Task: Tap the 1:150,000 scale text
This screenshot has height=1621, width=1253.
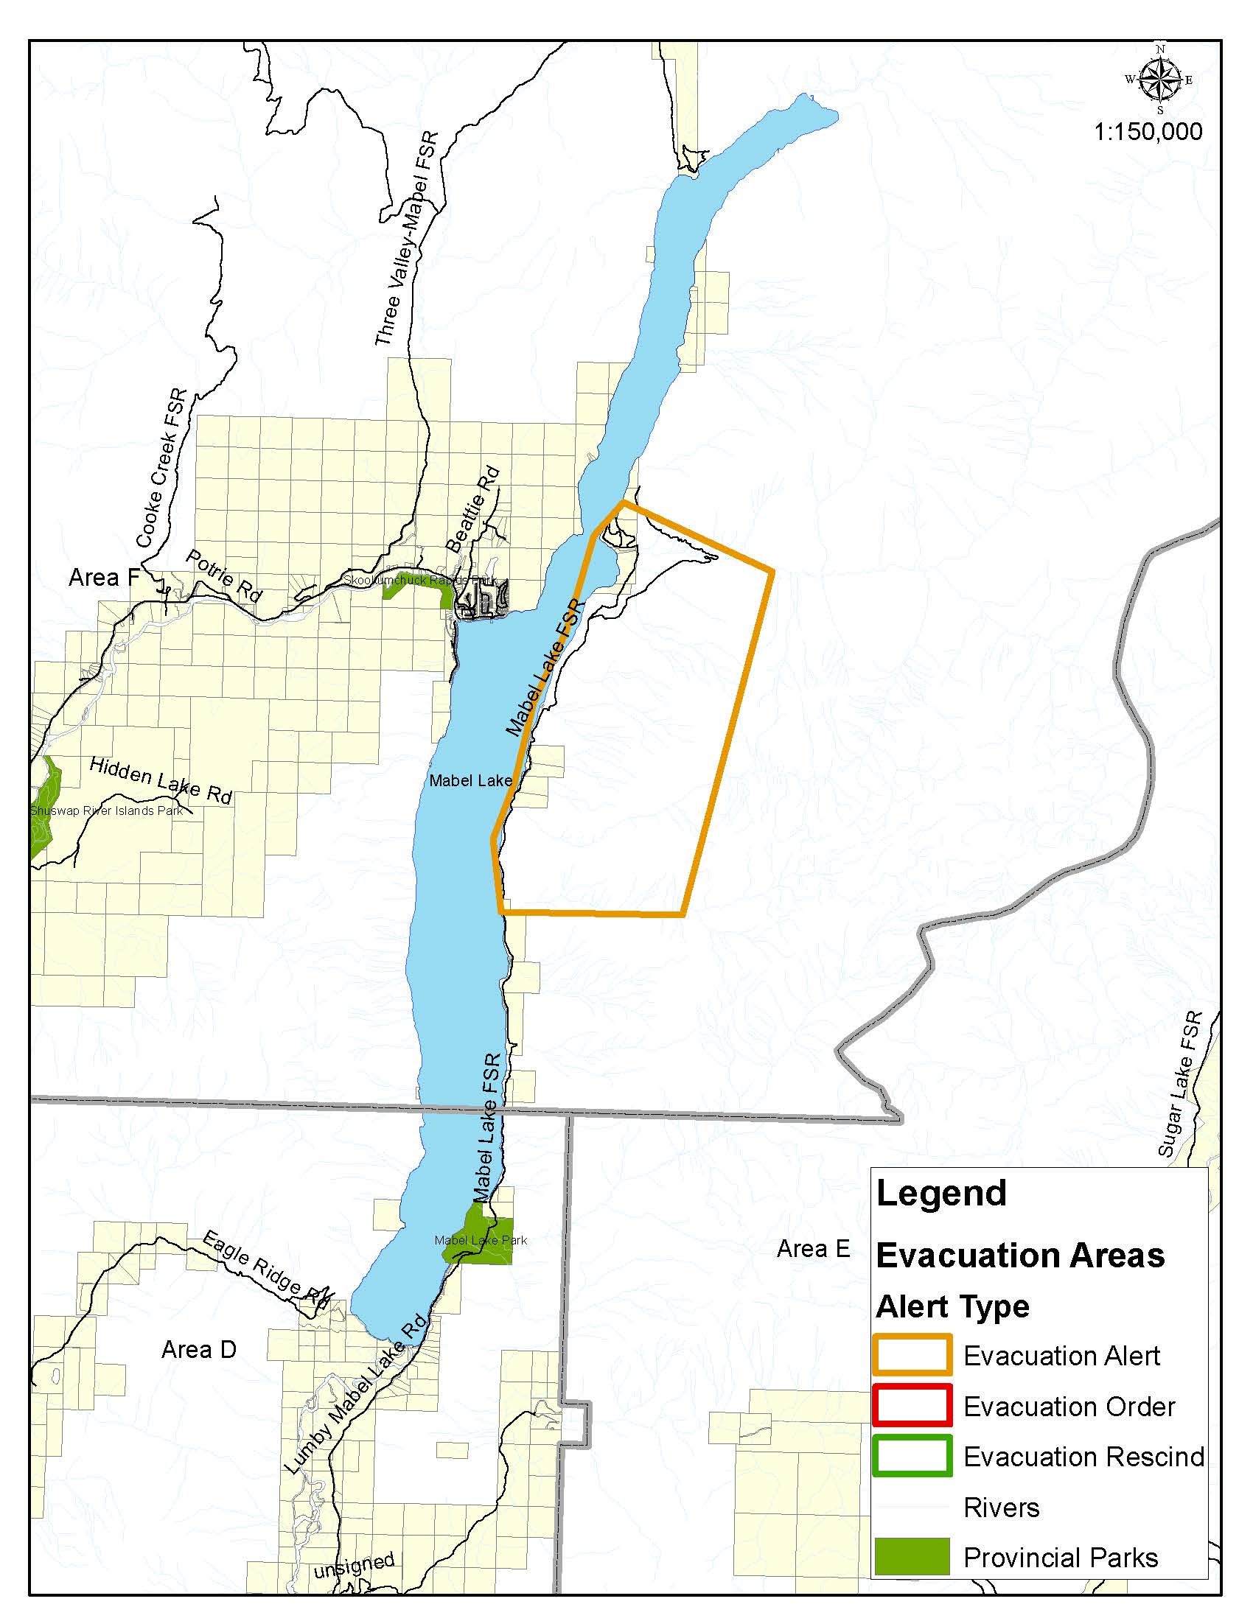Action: [x=1148, y=132]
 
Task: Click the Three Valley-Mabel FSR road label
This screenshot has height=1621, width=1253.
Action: [x=406, y=239]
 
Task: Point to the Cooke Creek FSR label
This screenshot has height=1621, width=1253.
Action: [x=161, y=469]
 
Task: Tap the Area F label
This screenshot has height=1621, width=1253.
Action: [x=104, y=577]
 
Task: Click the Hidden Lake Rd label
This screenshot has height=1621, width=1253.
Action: [x=161, y=781]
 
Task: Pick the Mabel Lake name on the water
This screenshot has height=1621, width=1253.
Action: [x=470, y=780]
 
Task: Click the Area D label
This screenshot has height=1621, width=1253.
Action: [x=199, y=1348]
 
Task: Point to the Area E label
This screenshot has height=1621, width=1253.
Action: [x=813, y=1248]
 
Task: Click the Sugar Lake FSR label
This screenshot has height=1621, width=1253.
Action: [x=1179, y=1085]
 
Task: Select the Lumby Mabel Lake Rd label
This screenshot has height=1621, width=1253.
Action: [x=355, y=1394]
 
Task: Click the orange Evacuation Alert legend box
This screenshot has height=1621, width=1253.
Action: [x=912, y=1355]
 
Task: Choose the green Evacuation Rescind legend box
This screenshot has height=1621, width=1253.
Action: [x=912, y=1456]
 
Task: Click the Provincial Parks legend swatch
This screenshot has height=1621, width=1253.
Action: [x=912, y=1556]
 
